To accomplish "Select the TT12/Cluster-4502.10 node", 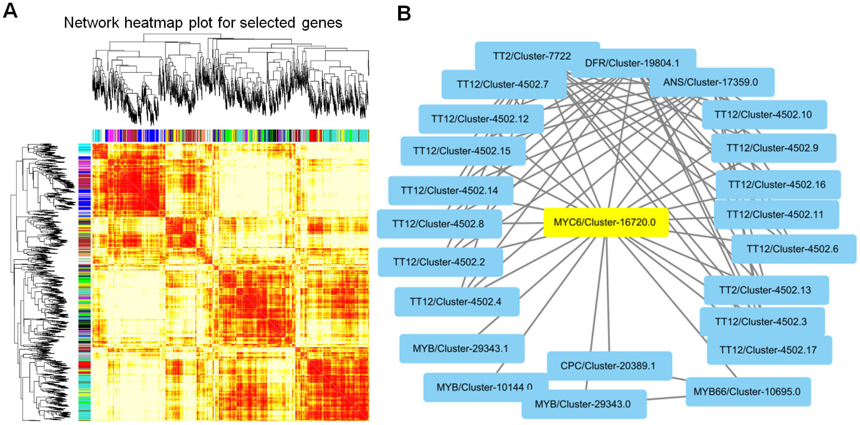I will click(764, 115).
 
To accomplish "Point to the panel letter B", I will click(404, 14).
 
